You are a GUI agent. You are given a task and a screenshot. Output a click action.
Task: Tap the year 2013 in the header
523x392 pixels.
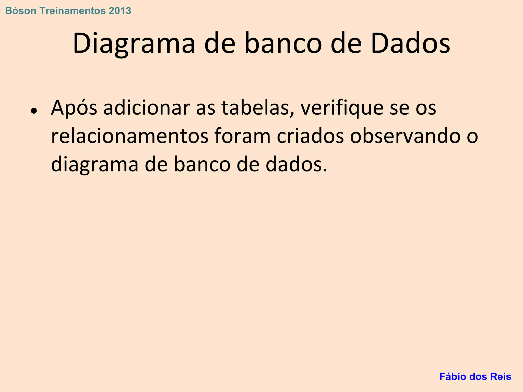[120, 11]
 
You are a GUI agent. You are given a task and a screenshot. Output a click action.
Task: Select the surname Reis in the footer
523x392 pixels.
[502, 377]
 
